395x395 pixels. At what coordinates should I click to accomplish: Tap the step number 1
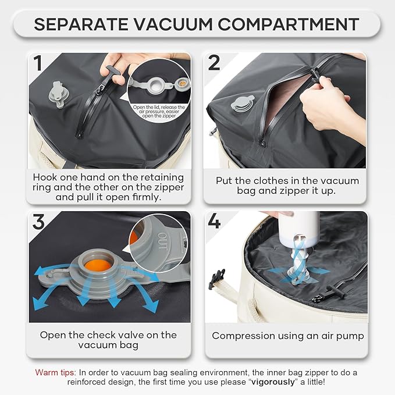click(x=38, y=63)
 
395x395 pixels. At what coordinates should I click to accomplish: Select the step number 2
click(x=213, y=63)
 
